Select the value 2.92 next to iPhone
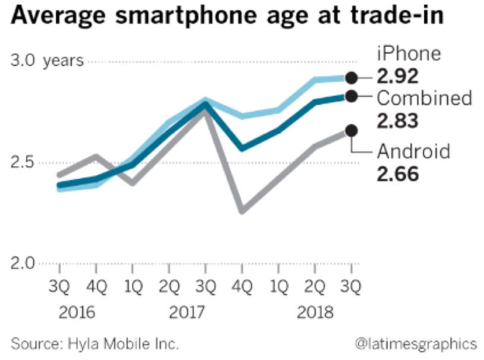coord(398,76)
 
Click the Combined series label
coord(425,98)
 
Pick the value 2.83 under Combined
coord(398,121)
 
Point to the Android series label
coord(413,151)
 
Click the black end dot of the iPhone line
coord(351,77)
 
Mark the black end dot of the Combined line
coord(351,96)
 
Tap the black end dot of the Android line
coord(351,131)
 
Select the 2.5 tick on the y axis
coord(24,163)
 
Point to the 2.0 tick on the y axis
coord(24,264)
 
